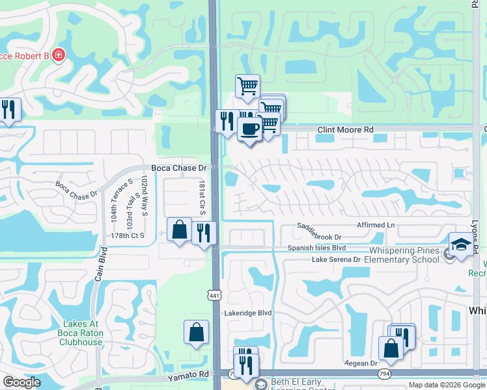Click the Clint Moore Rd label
point(345,130)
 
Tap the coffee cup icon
point(249,129)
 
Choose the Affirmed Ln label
point(376,225)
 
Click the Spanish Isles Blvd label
point(317,248)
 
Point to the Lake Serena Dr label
point(336,259)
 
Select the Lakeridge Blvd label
point(247,313)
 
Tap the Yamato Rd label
point(187,375)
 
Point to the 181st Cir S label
point(202,199)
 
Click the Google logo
point(21,382)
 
